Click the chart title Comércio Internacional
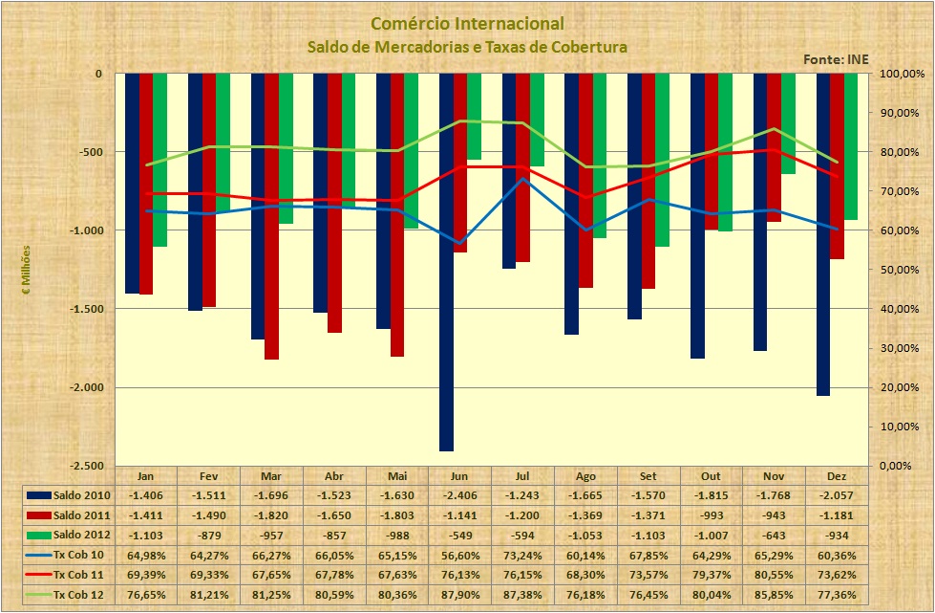pos(466,23)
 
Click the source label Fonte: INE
pos(836,59)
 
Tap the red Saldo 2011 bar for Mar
pos(271,216)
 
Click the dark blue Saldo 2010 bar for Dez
pos(822,234)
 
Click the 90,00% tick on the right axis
pos(901,113)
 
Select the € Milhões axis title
pos(28,271)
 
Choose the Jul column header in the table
pos(522,475)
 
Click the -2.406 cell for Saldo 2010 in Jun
pos(459,495)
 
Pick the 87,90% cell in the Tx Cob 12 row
pos(459,595)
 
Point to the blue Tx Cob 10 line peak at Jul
pos(522,179)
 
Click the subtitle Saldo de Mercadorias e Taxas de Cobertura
pos(466,46)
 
